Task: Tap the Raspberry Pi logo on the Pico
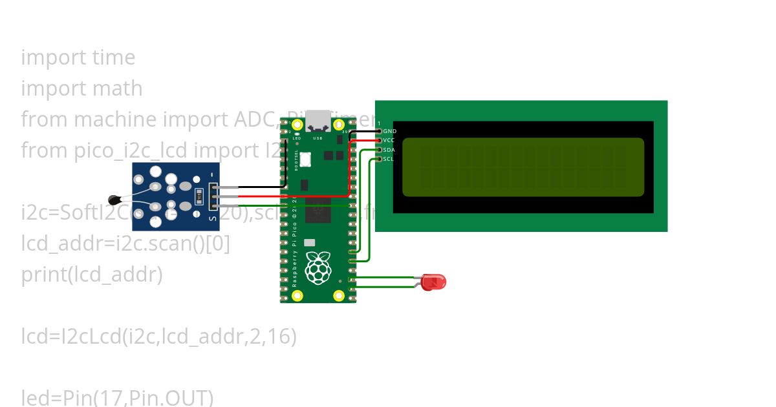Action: (318, 268)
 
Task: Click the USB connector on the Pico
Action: (318, 120)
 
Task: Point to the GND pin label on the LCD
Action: (390, 131)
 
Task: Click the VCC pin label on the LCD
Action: (389, 140)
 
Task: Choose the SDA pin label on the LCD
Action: (389, 150)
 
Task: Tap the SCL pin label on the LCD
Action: (389, 159)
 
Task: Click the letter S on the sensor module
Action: (211, 220)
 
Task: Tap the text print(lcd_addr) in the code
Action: (92, 275)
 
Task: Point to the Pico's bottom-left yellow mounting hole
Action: (297, 296)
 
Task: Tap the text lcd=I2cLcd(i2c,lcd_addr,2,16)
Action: (159, 337)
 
